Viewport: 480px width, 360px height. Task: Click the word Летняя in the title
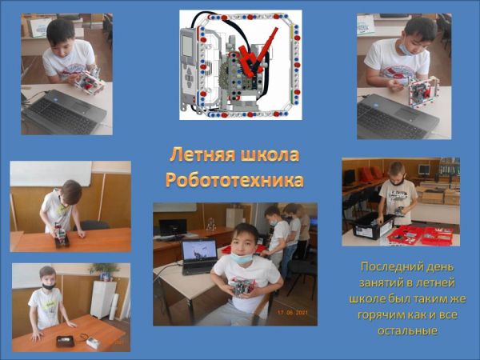pyautogui.click(x=202, y=155)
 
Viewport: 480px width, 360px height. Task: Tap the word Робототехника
pyautogui.click(x=234, y=180)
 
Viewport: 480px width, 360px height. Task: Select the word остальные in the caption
pyautogui.click(x=407, y=331)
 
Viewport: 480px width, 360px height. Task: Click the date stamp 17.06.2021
pyautogui.click(x=292, y=313)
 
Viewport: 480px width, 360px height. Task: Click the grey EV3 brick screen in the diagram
pyautogui.click(x=187, y=46)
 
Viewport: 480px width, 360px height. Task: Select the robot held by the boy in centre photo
pyautogui.click(x=242, y=286)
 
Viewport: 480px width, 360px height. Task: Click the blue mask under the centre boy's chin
pyautogui.click(x=242, y=258)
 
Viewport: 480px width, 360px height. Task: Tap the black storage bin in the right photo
pyautogui.click(x=371, y=226)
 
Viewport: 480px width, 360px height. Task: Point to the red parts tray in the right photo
pyautogui.click(x=420, y=235)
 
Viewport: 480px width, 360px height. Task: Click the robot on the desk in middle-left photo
pyautogui.click(x=62, y=236)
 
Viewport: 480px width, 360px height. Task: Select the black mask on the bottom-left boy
pyautogui.click(x=49, y=286)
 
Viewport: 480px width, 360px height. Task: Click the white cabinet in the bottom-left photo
pyautogui.click(x=103, y=300)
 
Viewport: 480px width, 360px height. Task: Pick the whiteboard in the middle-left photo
pyautogui.click(x=51, y=174)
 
